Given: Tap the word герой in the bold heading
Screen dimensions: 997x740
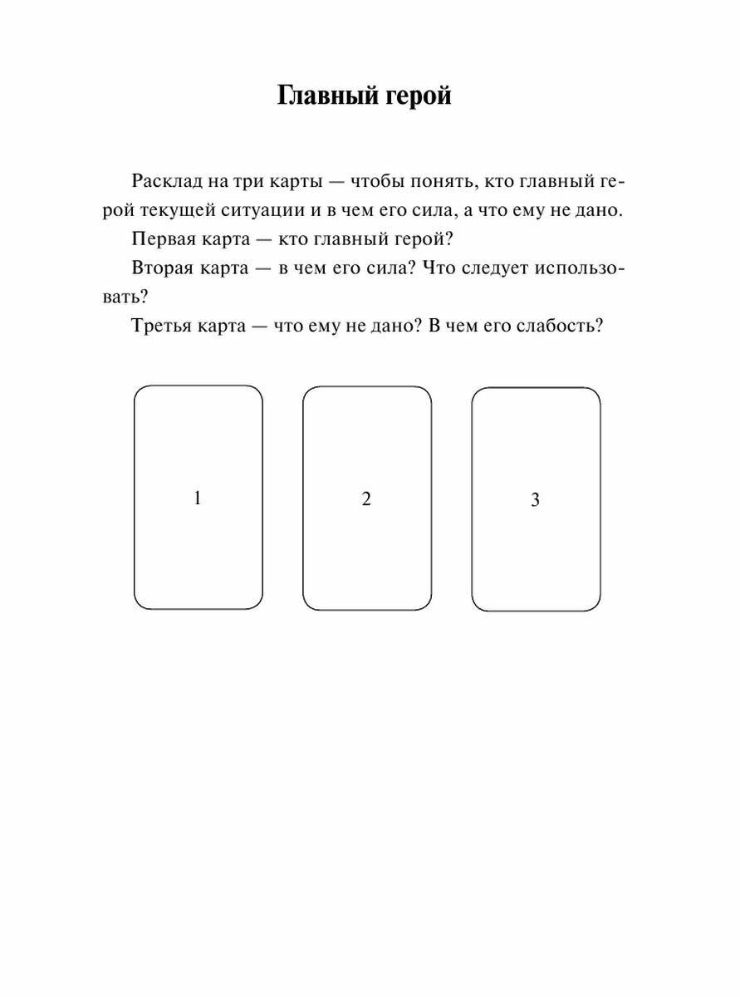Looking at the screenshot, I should click(x=419, y=96).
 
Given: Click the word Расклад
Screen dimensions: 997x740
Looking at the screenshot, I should click(x=165, y=181).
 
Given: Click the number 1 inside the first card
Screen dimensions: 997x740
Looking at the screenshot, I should click(x=198, y=498).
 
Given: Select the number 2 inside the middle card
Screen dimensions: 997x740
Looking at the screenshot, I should click(x=366, y=499).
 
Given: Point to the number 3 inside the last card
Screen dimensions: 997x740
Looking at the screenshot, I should click(x=535, y=500).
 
